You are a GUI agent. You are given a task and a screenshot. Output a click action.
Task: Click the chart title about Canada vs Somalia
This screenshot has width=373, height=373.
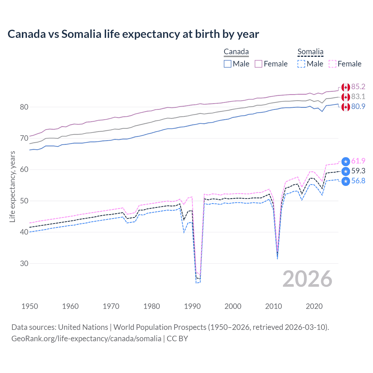pyautogui.click(x=133, y=34)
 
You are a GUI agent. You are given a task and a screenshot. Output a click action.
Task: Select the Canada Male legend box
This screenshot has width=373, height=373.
pyautogui.click(x=228, y=64)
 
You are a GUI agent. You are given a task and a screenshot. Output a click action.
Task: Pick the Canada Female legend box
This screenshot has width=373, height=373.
pyautogui.click(x=258, y=64)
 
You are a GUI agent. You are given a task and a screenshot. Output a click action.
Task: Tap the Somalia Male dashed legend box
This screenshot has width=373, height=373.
pyautogui.click(x=301, y=64)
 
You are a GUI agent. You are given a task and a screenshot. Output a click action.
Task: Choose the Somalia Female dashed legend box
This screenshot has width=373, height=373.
pyautogui.click(x=332, y=64)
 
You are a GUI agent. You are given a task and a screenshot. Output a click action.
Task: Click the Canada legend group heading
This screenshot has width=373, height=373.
pyautogui.click(x=236, y=52)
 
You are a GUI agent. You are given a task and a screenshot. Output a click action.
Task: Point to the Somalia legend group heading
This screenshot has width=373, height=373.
pyautogui.click(x=310, y=52)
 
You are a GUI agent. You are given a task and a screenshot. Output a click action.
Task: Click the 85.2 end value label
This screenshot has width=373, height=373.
pyautogui.click(x=358, y=87)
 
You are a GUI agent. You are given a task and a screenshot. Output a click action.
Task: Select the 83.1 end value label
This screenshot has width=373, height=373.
pyautogui.click(x=358, y=97)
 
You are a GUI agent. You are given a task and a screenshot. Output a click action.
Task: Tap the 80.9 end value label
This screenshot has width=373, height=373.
pyautogui.click(x=358, y=107)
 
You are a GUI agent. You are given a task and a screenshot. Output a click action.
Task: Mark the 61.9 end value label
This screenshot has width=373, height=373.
pyautogui.click(x=358, y=161)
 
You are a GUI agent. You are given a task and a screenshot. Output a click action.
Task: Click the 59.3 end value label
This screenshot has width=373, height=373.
pyautogui.click(x=358, y=171)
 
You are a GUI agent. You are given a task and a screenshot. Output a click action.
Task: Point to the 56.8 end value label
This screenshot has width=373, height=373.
pyautogui.click(x=358, y=181)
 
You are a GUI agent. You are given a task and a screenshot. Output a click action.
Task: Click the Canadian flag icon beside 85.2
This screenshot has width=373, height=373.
pyautogui.click(x=346, y=87)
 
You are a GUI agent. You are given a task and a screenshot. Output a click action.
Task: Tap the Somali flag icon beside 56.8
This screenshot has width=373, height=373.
pyautogui.click(x=346, y=181)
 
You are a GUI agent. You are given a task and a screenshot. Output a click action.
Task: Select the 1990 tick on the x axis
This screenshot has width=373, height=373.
pyautogui.click(x=192, y=306)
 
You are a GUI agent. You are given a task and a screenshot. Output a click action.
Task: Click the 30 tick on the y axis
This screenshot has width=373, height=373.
pyautogui.click(x=24, y=263)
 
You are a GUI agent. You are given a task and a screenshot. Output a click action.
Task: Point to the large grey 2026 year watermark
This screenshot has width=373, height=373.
pyautogui.click(x=307, y=279)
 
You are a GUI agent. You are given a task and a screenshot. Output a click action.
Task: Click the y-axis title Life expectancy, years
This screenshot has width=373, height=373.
pyautogui.click(x=12, y=186)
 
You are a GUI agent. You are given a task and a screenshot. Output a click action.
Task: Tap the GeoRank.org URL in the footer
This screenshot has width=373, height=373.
pyautogui.click(x=86, y=339)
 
